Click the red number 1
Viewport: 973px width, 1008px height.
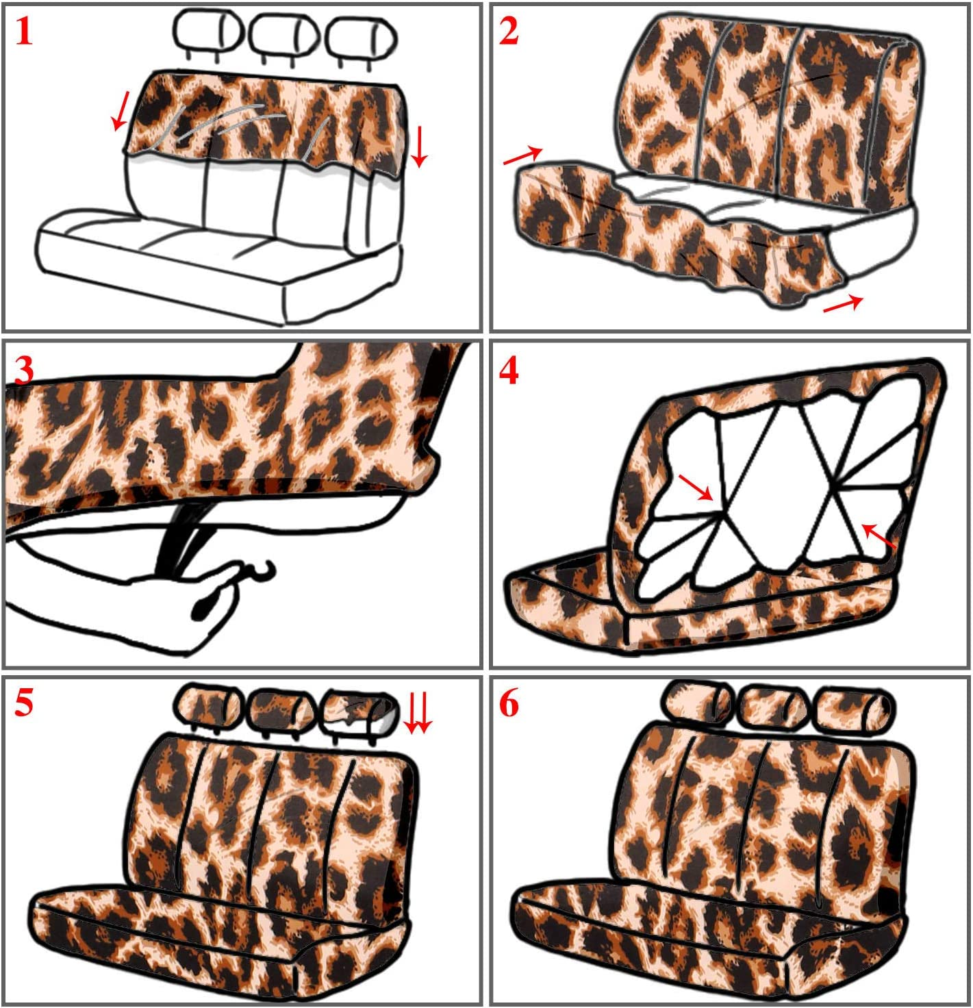pyautogui.click(x=24, y=32)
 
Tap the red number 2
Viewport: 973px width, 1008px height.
pyautogui.click(x=509, y=32)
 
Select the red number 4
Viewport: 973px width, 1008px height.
pyautogui.click(x=509, y=372)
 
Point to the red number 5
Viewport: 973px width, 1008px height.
pyautogui.click(x=24, y=703)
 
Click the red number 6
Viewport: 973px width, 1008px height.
pyautogui.click(x=509, y=703)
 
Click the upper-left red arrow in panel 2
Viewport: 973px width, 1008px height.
pyautogui.click(x=523, y=156)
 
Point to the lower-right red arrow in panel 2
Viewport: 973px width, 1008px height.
pyautogui.click(x=843, y=303)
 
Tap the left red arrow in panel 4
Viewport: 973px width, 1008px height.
pyautogui.click(x=696, y=488)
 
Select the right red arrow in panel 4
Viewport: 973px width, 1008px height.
pyautogui.click(x=879, y=536)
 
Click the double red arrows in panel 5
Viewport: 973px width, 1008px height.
pyautogui.click(x=418, y=713)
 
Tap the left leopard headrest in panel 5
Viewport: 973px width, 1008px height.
pyautogui.click(x=209, y=707)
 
